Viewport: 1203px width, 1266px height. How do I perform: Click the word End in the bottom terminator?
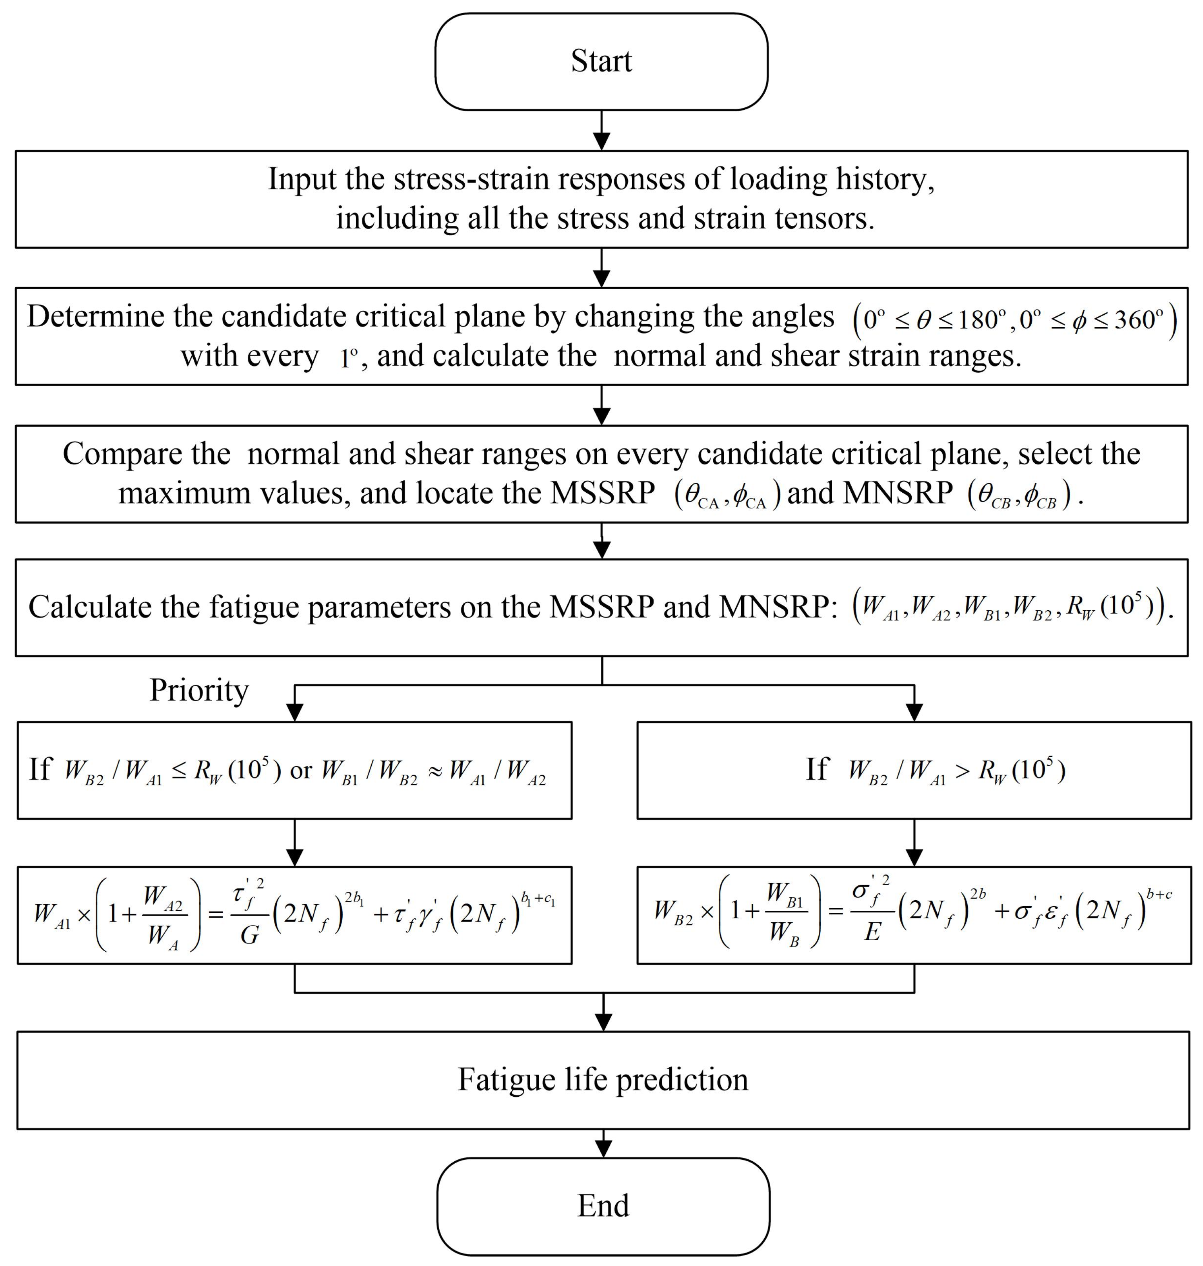(603, 1205)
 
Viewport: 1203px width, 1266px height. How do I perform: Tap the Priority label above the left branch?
(199, 690)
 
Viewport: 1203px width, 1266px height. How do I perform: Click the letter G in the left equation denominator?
(249, 936)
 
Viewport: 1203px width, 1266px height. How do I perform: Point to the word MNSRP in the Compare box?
(898, 493)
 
